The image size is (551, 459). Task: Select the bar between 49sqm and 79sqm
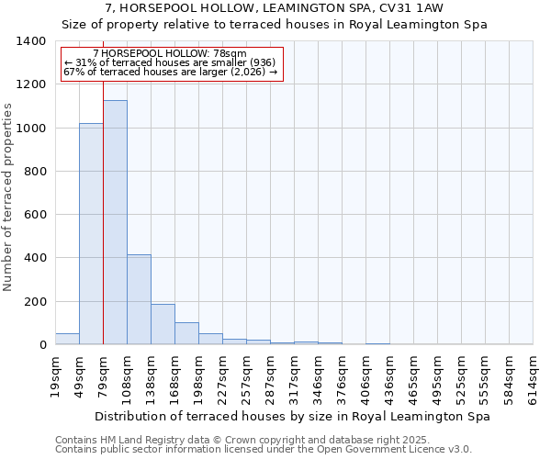point(91,234)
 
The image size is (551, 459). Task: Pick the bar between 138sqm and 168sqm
point(163,324)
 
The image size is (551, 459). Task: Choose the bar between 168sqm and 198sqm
point(186,333)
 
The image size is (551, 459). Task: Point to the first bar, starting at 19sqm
point(67,339)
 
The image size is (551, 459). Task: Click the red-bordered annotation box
point(172,63)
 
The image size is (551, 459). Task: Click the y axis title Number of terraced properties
point(9,197)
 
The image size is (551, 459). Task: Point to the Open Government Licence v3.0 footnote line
point(264,450)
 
